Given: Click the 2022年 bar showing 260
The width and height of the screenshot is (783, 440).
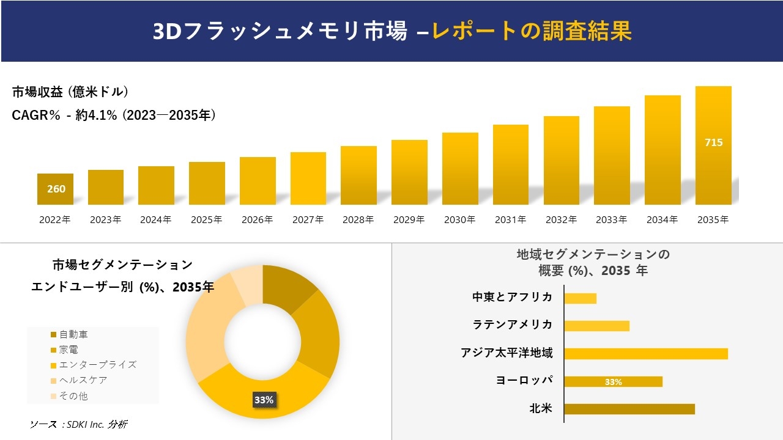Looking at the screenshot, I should coord(55,189).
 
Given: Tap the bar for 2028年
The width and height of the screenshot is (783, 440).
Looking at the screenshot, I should coord(358,175).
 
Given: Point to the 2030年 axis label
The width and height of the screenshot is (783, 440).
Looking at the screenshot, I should coord(459,220).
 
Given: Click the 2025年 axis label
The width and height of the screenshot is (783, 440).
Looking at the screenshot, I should coord(206,220).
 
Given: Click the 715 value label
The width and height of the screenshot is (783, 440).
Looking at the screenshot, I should coord(713,142).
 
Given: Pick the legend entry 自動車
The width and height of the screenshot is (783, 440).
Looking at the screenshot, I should coord(73,334).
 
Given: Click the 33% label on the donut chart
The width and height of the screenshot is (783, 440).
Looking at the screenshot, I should coord(264,400).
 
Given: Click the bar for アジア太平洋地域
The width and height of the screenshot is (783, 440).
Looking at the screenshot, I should coord(646,354).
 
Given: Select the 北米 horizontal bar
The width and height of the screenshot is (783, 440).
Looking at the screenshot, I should coord(629,409).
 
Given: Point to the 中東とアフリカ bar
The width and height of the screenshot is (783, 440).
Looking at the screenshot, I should coord(580,298).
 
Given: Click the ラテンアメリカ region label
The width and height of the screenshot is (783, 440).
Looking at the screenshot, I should coord(513,324).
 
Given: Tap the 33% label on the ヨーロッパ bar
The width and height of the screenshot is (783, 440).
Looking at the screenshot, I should coord(613,382).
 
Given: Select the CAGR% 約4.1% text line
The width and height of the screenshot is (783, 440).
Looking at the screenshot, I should coord(114,115).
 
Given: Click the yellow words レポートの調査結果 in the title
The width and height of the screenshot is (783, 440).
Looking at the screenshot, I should coord(532,31).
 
